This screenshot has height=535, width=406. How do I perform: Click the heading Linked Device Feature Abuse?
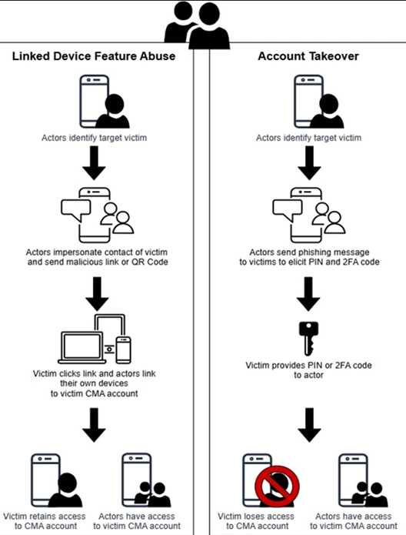(x=94, y=57)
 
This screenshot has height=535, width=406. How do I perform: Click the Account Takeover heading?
(x=308, y=57)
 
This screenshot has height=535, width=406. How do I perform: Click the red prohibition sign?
(x=276, y=480)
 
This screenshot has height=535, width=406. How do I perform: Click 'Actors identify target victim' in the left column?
(x=94, y=139)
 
